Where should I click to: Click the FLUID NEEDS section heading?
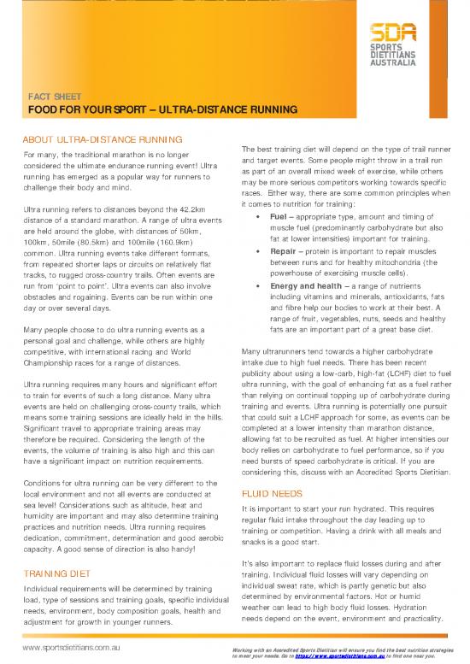click(271, 493)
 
